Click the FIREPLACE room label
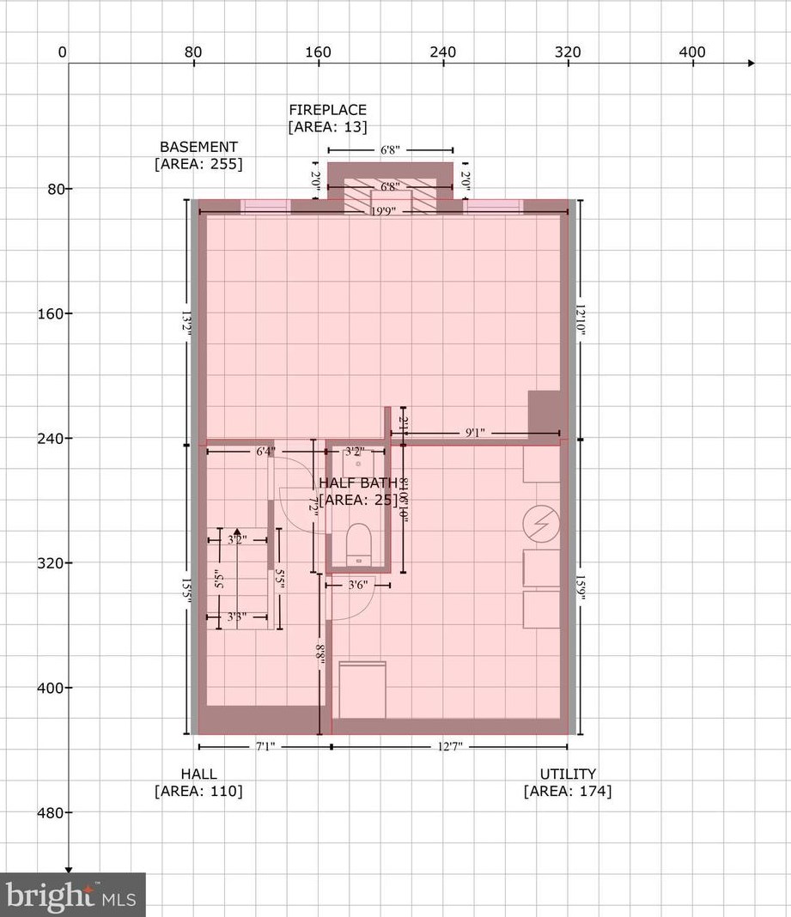coord(327,110)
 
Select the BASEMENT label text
coord(198,148)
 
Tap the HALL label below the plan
coord(198,774)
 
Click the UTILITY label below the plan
coord(568,774)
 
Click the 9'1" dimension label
coord(475,434)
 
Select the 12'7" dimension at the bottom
coord(449,747)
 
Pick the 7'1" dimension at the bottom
coord(264,747)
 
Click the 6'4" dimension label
coord(265,450)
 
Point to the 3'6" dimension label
coord(357,586)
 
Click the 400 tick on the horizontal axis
coord(692,52)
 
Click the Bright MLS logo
coord(72,896)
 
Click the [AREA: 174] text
coord(568,792)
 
